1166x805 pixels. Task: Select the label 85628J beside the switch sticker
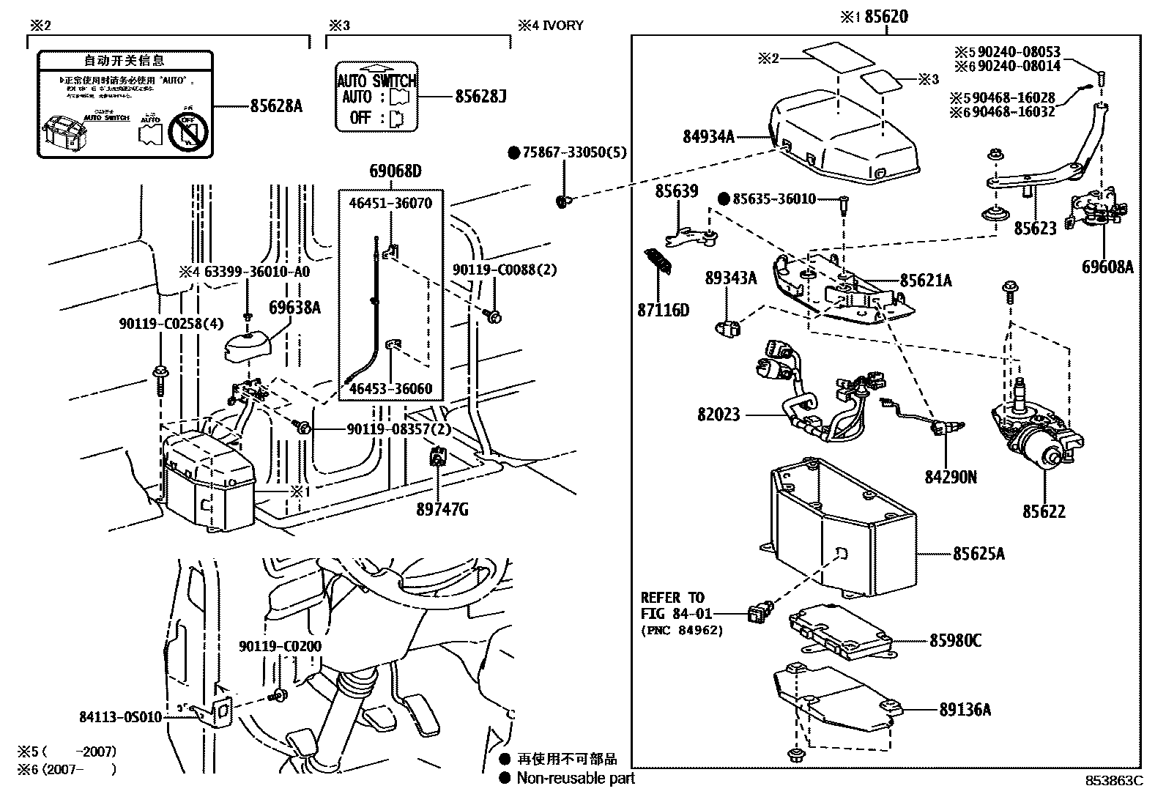[x=480, y=97]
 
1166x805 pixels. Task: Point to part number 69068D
[x=395, y=172]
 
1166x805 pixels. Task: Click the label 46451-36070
[x=390, y=203]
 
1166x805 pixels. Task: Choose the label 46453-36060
[x=390, y=388]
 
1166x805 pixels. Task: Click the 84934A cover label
[x=708, y=136]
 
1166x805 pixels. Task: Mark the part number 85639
[x=676, y=191]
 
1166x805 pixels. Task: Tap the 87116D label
[x=663, y=311]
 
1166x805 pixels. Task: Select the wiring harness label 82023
[x=718, y=415]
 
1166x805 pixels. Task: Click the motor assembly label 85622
[x=1044, y=512]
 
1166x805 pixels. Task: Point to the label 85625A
[x=978, y=554]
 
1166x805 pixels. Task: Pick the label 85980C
[x=955, y=641]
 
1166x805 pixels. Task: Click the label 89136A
[x=965, y=710]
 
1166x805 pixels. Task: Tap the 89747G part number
[x=442, y=510]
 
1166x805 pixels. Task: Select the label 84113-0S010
[x=120, y=718]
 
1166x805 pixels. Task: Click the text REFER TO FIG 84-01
[x=672, y=606]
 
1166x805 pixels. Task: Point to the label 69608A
[x=1107, y=267]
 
